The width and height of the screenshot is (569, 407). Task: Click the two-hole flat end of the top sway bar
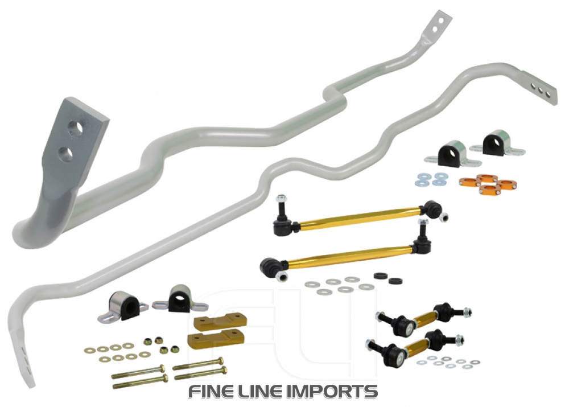438,24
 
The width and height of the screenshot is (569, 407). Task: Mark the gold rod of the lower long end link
347,254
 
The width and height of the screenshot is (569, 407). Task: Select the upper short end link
424,319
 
